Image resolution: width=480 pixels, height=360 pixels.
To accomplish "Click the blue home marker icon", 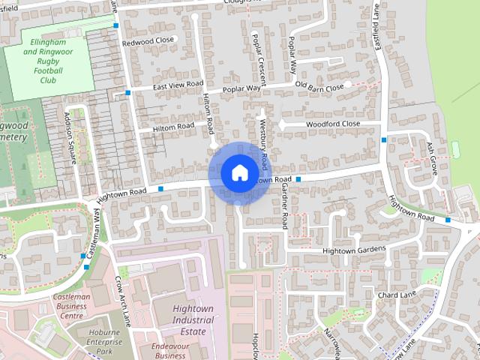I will [x=238, y=173].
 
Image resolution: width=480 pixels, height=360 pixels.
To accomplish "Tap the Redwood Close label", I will [x=148, y=41].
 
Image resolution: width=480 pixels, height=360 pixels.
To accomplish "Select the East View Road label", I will [x=178, y=86].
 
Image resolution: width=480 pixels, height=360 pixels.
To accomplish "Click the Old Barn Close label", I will [x=319, y=87].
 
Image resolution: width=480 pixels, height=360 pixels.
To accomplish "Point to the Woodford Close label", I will [x=333, y=124].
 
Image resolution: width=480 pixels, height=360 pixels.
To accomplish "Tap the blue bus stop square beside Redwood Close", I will [x=116, y=25].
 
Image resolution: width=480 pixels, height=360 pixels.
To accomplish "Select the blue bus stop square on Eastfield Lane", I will [x=384, y=139].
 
